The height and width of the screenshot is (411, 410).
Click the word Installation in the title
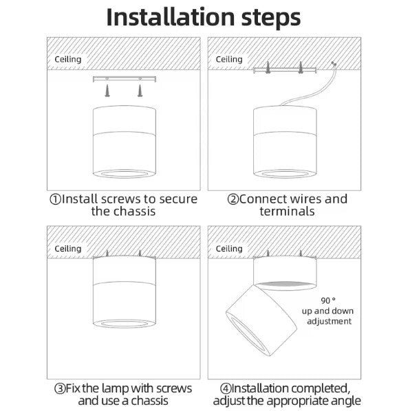(x=170, y=17)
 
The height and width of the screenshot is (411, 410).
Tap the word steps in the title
(x=271, y=19)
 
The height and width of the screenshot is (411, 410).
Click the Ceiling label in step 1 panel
(x=68, y=60)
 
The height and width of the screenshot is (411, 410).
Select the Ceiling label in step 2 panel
(x=229, y=60)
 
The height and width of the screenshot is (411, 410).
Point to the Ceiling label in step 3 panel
(x=68, y=249)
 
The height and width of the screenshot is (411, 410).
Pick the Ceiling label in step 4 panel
(x=229, y=249)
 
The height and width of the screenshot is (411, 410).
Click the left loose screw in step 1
(x=107, y=91)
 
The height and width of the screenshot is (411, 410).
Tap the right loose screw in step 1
(x=140, y=91)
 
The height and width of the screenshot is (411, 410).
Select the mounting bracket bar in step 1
(x=125, y=78)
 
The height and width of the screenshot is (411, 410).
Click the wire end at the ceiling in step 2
(x=334, y=63)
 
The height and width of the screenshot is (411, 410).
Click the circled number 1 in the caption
(x=55, y=199)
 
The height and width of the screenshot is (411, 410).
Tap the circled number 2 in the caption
(x=233, y=199)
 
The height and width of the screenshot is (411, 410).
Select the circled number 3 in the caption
(x=60, y=388)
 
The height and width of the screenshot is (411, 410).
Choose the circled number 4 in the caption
(x=226, y=388)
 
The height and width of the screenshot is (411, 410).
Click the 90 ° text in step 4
(x=328, y=300)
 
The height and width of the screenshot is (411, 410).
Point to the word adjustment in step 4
(x=330, y=322)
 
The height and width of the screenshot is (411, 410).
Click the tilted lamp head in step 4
(x=262, y=320)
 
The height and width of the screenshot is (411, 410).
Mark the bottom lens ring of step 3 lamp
(x=124, y=324)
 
